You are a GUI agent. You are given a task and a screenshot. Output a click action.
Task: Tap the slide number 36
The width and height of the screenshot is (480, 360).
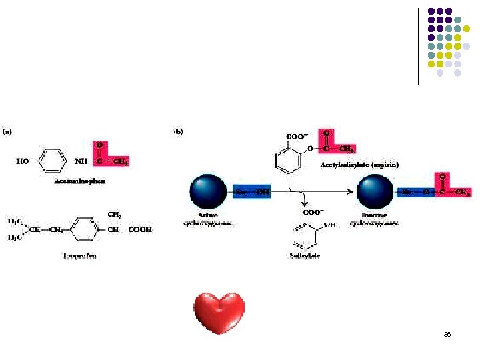click(447, 334)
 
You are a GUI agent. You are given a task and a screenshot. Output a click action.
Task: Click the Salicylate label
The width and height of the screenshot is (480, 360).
click(304, 256)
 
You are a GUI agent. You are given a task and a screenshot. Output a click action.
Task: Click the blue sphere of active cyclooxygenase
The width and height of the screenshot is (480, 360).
click(208, 193)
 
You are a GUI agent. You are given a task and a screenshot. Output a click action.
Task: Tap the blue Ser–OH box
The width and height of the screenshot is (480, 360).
click(253, 193)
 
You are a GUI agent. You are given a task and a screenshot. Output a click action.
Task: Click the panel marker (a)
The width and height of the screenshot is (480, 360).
click(9, 131)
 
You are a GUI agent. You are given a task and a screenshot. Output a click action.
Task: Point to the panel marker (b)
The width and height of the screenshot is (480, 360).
click(179, 131)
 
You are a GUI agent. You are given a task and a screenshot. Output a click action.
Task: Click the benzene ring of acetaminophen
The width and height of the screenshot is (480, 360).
click(51, 161)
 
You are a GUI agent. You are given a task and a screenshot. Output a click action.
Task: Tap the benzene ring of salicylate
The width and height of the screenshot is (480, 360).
click(304, 235)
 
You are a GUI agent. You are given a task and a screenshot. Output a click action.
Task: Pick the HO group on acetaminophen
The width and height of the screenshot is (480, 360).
click(24, 161)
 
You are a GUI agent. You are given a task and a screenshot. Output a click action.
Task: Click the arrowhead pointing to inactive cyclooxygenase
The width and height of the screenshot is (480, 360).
click(349, 192)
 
